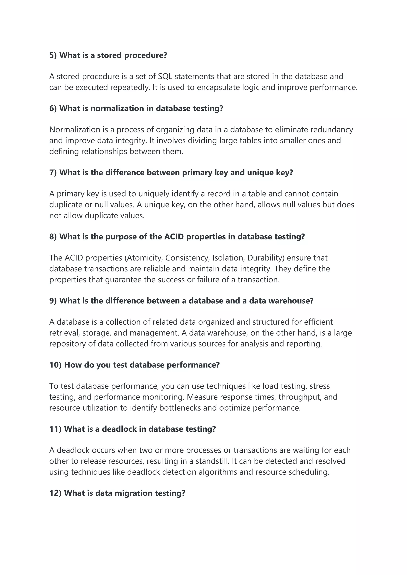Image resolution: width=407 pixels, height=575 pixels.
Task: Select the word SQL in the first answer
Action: [x=165, y=76]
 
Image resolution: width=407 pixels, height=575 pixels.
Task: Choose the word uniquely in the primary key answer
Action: [x=153, y=194]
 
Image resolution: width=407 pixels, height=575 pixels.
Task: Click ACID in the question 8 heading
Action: [x=174, y=237]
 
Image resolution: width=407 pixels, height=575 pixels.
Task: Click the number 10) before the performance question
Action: [x=55, y=365]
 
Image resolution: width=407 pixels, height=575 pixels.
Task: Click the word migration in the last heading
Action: [x=133, y=493]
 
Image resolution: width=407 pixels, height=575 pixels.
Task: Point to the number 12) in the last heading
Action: [x=55, y=493]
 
